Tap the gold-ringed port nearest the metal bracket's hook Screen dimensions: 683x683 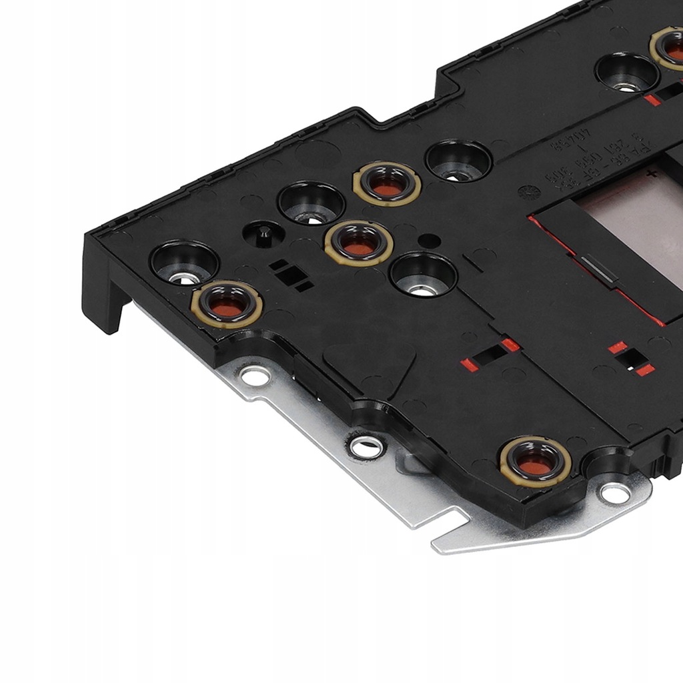tap(535, 462)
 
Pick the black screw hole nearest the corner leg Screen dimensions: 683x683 tap(183, 262)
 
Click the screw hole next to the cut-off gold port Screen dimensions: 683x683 tap(626, 72)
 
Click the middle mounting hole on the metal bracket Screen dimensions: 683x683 tap(367, 448)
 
